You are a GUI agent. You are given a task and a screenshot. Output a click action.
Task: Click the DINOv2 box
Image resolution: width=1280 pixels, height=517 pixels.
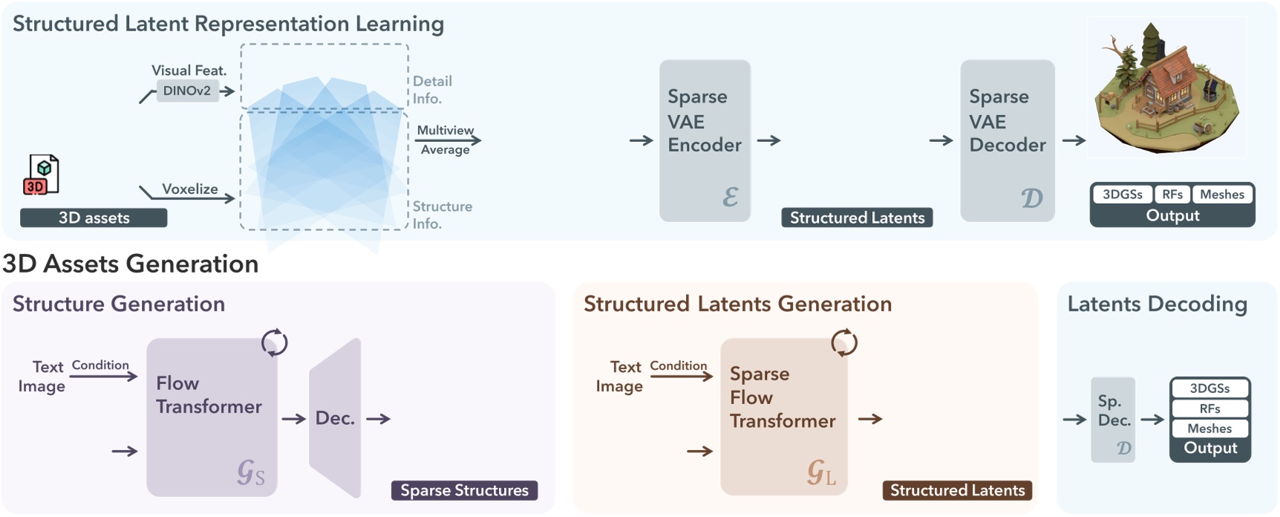(187, 91)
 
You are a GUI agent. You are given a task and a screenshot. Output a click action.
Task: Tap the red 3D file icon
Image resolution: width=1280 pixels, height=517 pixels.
(42, 175)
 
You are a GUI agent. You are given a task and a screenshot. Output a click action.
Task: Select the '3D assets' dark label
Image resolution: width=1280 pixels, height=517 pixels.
(94, 218)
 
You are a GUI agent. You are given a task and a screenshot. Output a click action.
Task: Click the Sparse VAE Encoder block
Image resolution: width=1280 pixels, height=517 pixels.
(705, 140)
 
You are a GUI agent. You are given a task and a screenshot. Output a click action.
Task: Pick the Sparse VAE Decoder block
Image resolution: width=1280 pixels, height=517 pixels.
(1007, 140)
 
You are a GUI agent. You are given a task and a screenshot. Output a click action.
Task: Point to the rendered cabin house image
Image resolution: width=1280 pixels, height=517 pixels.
(1166, 88)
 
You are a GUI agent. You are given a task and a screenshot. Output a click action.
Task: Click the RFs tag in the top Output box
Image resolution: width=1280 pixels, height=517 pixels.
(1172, 195)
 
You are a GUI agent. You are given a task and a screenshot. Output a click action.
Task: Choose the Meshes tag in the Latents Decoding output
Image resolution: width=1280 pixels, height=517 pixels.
(1209, 429)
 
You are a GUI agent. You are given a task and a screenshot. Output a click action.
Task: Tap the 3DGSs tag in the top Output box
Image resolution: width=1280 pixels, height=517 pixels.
(1122, 195)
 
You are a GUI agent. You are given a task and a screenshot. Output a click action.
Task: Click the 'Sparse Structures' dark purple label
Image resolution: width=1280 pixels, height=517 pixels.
(464, 490)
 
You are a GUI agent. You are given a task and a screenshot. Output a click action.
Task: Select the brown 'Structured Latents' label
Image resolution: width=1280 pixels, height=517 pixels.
(957, 490)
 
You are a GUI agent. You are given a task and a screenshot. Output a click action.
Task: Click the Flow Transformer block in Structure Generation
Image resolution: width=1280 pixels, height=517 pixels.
(212, 417)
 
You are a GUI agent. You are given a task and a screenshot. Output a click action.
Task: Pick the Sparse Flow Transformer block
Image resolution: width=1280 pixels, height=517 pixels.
(783, 417)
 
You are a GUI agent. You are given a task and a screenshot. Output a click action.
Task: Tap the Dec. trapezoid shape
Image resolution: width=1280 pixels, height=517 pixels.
(335, 417)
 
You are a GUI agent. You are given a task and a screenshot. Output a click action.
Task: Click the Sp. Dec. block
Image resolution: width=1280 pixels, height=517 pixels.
(1113, 420)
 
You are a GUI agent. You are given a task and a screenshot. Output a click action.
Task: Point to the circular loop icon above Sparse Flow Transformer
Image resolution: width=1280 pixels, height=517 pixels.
(844, 343)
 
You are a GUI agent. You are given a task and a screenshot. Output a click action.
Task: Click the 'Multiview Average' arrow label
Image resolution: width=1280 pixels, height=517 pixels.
(445, 140)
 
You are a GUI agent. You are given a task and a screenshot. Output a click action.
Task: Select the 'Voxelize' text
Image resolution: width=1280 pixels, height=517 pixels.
(190, 189)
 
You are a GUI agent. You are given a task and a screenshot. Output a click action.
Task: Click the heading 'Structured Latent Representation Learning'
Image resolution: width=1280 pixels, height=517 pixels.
(229, 24)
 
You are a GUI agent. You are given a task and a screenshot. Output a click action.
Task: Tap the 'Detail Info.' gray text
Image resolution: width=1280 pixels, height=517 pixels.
(432, 89)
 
